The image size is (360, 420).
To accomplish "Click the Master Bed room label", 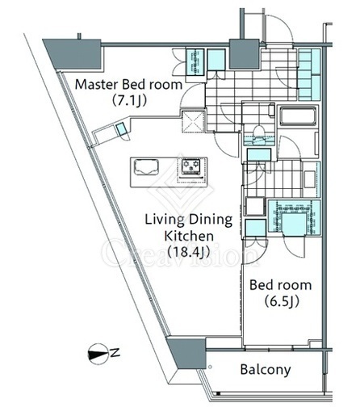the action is (x=128, y=85).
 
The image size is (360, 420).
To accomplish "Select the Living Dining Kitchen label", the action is (x=189, y=227).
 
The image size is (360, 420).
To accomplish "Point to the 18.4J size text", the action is (x=188, y=252).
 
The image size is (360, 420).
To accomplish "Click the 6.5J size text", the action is (x=282, y=301).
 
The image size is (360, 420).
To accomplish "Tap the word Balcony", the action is (x=266, y=369).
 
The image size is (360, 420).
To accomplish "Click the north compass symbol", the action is (x=98, y=351).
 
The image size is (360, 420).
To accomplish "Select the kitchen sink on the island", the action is (x=146, y=167).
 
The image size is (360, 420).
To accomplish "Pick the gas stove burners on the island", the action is (x=190, y=166).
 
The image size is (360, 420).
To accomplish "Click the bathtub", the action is (x=298, y=116).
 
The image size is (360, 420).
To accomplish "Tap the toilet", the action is (x=260, y=132).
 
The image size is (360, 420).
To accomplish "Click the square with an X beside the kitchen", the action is (x=193, y=121).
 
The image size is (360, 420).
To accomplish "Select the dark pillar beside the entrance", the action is (x=245, y=54).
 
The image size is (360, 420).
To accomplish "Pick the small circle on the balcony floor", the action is (x=210, y=367).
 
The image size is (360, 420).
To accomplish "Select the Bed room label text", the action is (x=281, y=285).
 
